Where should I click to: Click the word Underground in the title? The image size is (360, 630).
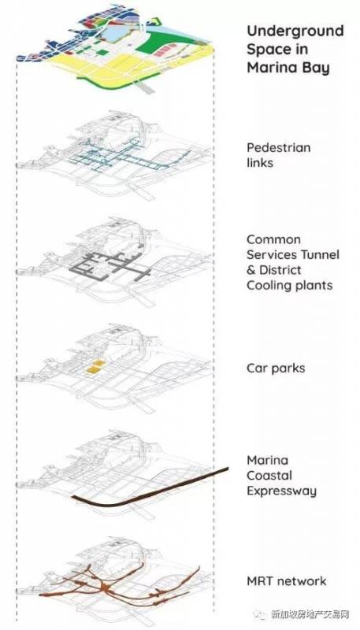(295, 31)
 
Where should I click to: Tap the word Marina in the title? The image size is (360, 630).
(268, 68)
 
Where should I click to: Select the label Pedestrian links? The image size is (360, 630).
(278, 155)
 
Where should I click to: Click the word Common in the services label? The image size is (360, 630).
(273, 239)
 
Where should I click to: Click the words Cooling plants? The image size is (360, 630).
(290, 286)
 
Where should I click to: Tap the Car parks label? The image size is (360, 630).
(276, 369)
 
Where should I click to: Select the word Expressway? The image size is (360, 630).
(282, 491)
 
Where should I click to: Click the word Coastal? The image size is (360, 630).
(269, 476)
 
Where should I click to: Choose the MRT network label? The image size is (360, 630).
(287, 581)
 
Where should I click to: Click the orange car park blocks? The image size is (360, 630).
(96, 368)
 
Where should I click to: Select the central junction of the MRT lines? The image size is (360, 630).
(106, 587)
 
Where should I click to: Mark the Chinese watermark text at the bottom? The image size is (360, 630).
(310, 614)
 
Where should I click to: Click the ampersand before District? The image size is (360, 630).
(251, 270)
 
